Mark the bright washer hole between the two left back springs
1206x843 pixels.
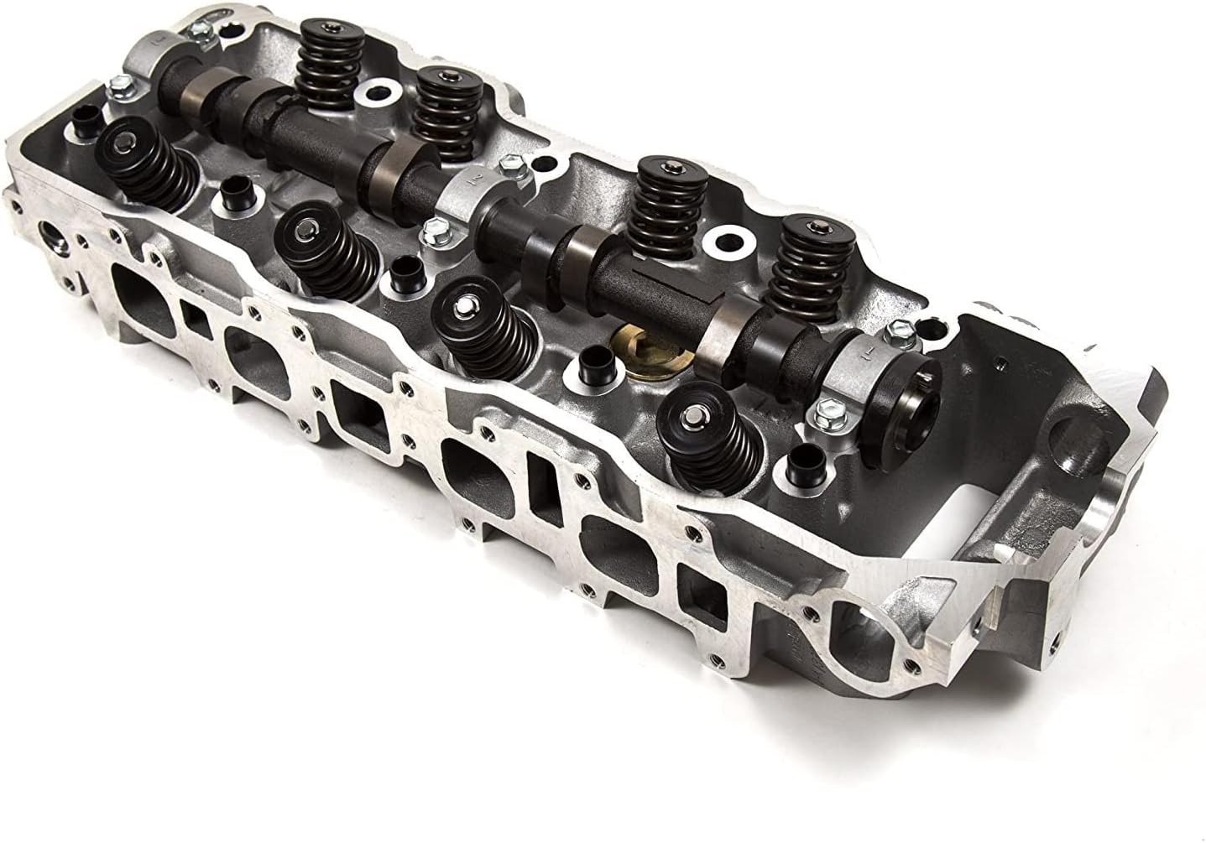click(381, 94)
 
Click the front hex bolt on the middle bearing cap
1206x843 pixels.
click(435, 226)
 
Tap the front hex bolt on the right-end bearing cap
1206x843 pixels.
click(823, 411)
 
